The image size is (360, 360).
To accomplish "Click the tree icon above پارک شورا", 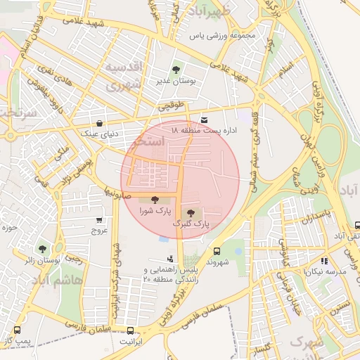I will [155, 200].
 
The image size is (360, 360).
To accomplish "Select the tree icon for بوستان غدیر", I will [176, 70].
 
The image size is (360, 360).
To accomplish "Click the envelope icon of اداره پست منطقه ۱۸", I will [204, 120].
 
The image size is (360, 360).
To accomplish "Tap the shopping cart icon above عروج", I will [98, 220].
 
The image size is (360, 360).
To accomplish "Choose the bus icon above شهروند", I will [216, 250].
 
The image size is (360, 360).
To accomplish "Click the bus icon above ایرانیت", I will [130, 330].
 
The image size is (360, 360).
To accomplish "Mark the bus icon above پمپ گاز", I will [17, 330].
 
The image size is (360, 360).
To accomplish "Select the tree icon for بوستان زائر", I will [42, 249].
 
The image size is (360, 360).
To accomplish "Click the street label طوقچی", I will [170, 107].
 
